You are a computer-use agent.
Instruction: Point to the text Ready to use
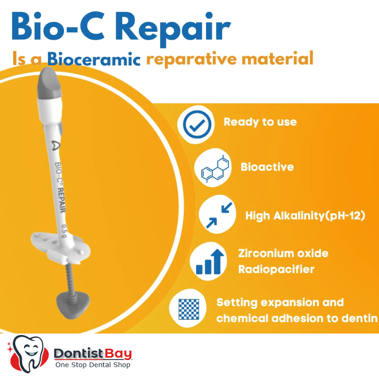pyautogui.click(x=260, y=122)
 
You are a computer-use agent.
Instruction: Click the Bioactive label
pyautogui.click(x=267, y=167)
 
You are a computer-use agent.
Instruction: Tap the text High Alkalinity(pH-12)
pyautogui.click(x=305, y=216)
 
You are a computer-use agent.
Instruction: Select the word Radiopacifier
pyautogui.click(x=276, y=270)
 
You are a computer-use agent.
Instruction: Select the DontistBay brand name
pyautogui.click(x=92, y=353)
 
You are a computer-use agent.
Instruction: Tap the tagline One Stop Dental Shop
pyautogui.click(x=92, y=365)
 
